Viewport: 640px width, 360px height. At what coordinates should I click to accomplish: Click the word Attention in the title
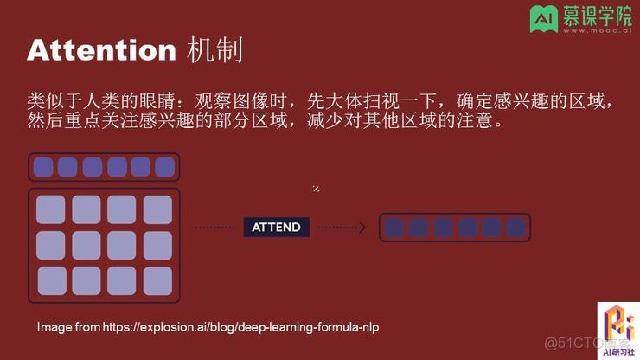coord(101,50)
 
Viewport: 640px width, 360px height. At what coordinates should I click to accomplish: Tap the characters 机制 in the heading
coord(214,50)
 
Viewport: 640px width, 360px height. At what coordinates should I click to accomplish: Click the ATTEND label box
coord(276,228)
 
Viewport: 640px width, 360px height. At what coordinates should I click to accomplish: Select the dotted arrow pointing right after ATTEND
coord(342,228)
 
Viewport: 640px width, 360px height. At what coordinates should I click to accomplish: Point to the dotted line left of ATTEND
coord(215,228)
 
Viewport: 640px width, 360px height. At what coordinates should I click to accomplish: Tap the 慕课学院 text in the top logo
coord(595,16)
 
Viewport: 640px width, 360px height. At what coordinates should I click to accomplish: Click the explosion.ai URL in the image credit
coord(241,327)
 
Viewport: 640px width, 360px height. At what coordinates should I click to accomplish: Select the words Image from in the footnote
coord(68,327)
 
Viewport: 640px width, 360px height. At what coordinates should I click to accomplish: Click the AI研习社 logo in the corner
coord(618,329)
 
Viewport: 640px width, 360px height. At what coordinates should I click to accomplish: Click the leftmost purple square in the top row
coord(43,166)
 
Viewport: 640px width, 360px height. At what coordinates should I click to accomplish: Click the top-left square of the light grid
coord(51,209)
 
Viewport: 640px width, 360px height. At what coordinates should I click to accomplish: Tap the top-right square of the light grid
coord(158,209)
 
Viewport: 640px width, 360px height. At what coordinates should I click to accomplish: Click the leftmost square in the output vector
coord(394,228)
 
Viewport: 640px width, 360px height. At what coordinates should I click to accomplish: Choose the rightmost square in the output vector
coord(516,228)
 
